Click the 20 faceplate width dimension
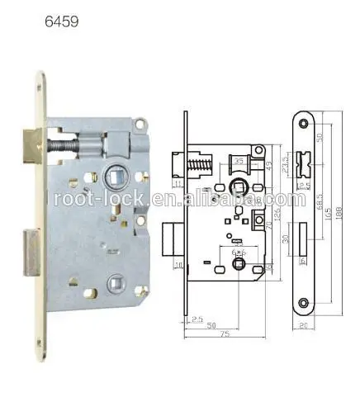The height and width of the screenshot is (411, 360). (x=305, y=326)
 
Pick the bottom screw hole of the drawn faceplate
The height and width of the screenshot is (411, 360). (x=304, y=304)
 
